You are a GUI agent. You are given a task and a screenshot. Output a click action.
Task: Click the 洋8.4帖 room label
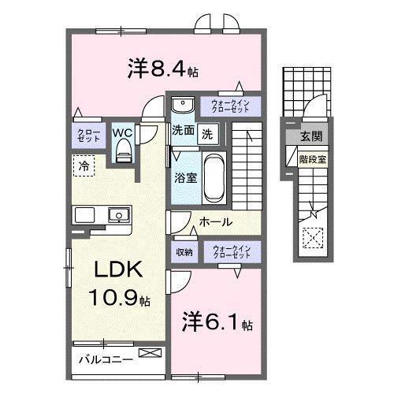pyautogui.click(x=162, y=69)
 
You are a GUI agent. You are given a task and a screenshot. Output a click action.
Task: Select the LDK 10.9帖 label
pyautogui.click(x=119, y=283)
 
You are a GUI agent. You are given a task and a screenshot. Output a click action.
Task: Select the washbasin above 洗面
pyautogui.click(x=182, y=106)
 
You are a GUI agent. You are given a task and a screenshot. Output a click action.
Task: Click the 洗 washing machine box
pyautogui.click(x=206, y=133)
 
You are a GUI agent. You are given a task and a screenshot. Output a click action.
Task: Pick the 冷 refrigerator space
pyautogui.click(x=83, y=165)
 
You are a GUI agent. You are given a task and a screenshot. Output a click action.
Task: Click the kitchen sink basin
pyautogui.click(x=119, y=214)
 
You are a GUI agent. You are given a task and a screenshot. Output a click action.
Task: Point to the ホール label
pyautogui.click(x=214, y=222)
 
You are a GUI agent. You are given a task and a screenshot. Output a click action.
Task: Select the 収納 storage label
pyautogui.click(x=184, y=252)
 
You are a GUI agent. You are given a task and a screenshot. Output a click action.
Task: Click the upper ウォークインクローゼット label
pyautogui.click(x=230, y=106)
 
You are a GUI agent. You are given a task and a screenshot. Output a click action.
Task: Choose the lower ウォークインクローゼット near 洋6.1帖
pyautogui.click(x=230, y=252)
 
